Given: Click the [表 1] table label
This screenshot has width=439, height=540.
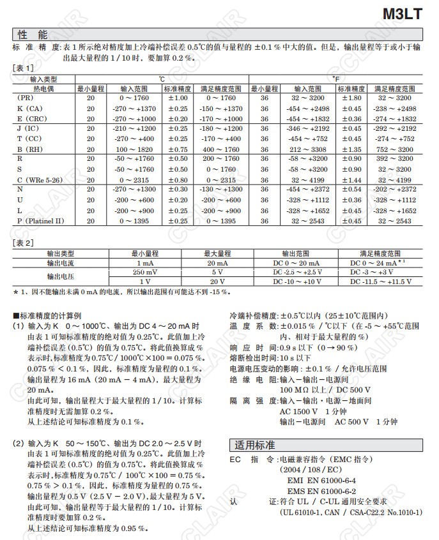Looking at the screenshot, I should tap(24, 68).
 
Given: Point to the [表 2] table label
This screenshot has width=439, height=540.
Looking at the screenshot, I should tap(24, 243).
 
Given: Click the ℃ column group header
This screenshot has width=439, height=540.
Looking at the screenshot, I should tap(162, 79).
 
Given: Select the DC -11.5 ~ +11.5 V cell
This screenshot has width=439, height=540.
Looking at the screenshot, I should tap(380, 281).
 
